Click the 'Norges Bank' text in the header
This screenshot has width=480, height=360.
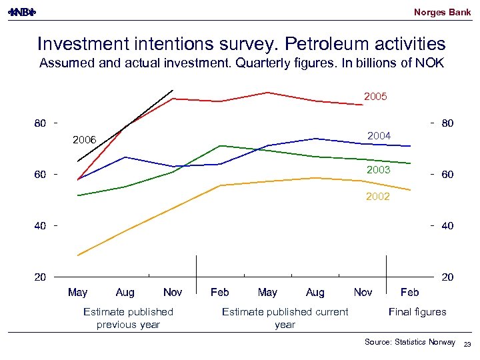tap(442, 12)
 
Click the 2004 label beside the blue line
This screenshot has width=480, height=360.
tap(379, 136)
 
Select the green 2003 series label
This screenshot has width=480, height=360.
tap(379, 171)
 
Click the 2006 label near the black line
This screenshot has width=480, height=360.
tap(85, 139)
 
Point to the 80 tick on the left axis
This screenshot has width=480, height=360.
tap(40, 123)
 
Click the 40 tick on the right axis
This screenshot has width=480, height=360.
tap(447, 226)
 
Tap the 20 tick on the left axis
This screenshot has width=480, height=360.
tap(40, 276)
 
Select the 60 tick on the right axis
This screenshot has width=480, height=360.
tap(447, 175)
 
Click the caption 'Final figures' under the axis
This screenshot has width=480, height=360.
tap(417, 311)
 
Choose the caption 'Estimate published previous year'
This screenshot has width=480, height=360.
tap(128, 318)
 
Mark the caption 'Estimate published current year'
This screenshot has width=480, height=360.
tap(285, 318)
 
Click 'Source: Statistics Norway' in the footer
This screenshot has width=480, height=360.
tap(410, 342)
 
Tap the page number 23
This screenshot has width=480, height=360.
tap(467, 343)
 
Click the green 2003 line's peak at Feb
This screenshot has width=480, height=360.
tap(220, 145)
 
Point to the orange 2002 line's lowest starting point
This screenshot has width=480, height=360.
tap(78, 255)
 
